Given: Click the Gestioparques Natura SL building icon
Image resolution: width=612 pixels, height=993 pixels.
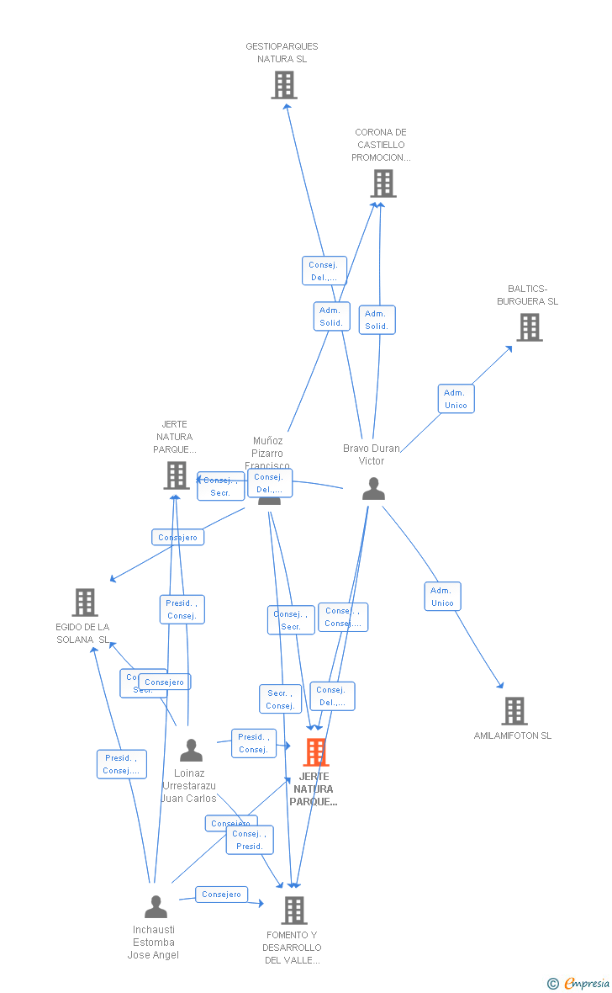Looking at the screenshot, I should click(284, 85).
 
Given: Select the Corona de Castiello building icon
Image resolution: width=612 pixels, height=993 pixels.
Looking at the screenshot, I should click(382, 183).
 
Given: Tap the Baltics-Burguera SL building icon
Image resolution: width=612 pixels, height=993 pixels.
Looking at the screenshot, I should click(529, 327).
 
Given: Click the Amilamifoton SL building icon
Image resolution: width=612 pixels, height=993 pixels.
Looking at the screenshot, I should click(514, 711).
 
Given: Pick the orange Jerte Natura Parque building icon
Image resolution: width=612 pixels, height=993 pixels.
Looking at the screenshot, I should click(315, 751).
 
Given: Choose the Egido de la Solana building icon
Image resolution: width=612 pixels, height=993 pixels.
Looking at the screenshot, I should click(85, 603).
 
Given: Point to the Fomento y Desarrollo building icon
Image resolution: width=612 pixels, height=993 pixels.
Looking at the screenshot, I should click(293, 910).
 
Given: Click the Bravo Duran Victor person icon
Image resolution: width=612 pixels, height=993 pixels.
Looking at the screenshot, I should click(373, 489).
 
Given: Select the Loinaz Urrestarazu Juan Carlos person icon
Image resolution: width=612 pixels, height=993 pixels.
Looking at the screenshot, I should click(192, 750).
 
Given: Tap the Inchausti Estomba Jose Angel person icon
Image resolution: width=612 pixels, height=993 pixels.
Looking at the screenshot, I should click(156, 906).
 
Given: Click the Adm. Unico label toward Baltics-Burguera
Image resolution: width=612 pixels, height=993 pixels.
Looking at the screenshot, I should click(456, 399).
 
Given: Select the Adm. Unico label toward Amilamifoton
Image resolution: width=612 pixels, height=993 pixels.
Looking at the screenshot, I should click(442, 596).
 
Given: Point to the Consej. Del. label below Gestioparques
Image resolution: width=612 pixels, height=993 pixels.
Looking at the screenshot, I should click(324, 271).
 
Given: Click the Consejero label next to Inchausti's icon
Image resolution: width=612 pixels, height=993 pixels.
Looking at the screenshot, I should click(222, 895).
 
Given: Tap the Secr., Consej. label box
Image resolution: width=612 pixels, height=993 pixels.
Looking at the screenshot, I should click(280, 698).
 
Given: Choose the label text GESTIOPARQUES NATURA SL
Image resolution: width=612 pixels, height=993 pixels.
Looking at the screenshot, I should click(282, 53).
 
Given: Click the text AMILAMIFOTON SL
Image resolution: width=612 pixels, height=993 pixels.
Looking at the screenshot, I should click(513, 735).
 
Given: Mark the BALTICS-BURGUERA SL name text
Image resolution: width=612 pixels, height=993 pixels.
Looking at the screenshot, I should click(527, 295).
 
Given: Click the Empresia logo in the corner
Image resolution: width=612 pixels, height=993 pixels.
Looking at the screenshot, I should click(580, 983).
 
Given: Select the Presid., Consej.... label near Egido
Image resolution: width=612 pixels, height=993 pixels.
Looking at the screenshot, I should click(121, 764).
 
